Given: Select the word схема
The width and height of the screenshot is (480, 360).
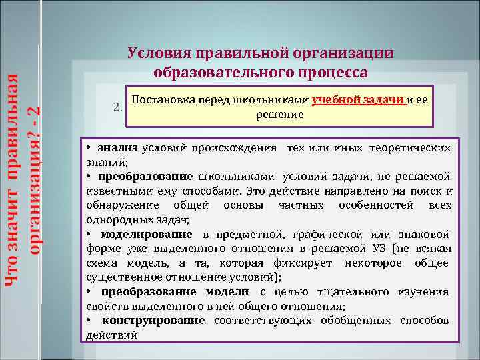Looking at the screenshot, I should pyautogui.click(x=102, y=263).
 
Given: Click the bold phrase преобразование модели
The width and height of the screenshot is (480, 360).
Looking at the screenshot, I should pyautogui.click(x=175, y=291).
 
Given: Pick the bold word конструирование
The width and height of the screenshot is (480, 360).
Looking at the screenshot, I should pyautogui.click(x=153, y=321).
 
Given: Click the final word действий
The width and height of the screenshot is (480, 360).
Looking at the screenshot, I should pyautogui.click(x=112, y=335).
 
